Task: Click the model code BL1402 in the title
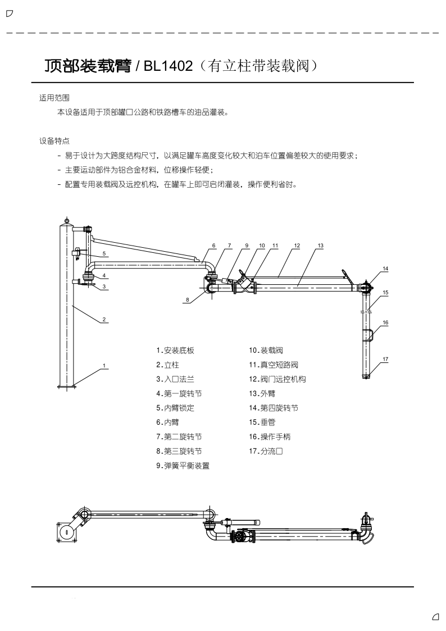(167, 67)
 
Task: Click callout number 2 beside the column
(104, 320)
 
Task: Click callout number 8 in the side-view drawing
(188, 300)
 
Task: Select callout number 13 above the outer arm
(320, 246)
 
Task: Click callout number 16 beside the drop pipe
(385, 322)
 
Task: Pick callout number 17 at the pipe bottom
(385, 358)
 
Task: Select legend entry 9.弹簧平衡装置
(183, 465)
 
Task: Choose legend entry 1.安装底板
(175, 350)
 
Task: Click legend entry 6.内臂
(167, 421)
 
